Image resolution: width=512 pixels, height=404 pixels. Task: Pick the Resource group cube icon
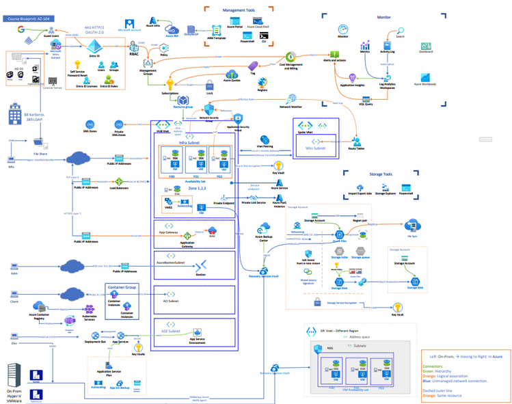coord(183,100)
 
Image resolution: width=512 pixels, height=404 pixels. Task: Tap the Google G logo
coord(21,30)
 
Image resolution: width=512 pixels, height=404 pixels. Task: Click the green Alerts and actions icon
coord(335,54)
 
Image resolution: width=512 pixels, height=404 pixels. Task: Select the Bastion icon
coord(200,267)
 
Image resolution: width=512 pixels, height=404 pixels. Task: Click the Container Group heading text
coord(122,287)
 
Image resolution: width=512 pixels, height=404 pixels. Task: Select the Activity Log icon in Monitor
coord(387,45)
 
